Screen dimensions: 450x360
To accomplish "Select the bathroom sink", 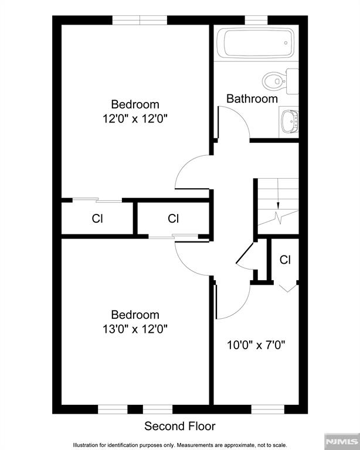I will [289, 121].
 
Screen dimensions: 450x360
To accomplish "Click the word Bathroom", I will [252, 98].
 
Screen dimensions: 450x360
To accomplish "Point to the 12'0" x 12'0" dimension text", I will [135, 118].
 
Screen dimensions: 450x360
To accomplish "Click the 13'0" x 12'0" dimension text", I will [135, 329].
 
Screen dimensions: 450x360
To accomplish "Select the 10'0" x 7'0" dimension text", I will [256, 345].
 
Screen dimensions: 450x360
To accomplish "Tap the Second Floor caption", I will [180, 426].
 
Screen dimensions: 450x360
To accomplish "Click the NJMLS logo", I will [341, 441].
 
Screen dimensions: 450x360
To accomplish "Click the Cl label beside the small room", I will [285, 260].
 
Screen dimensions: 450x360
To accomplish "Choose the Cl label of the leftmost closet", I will [97, 219].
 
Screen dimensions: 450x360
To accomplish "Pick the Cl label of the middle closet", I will [173, 219].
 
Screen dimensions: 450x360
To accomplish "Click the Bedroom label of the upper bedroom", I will [135, 105].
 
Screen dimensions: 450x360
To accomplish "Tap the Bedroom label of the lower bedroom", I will [135, 315].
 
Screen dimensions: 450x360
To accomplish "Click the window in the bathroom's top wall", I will [256, 20].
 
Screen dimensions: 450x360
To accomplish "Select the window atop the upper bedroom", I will [140, 20].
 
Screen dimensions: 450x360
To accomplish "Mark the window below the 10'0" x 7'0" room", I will [267, 408].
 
